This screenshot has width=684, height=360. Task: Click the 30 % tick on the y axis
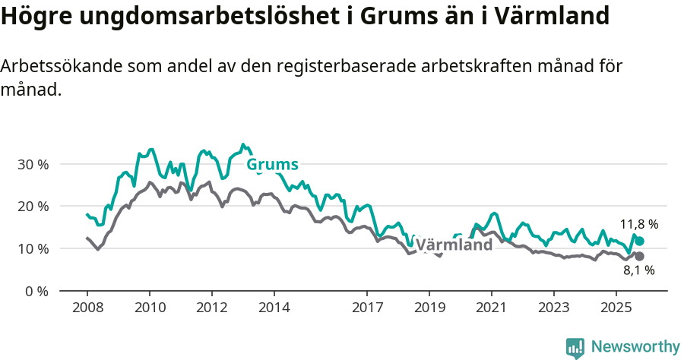(x=33, y=164)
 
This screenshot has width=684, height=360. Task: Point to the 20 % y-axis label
(x=33, y=207)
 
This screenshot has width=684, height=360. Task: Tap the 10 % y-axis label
(x=33, y=249)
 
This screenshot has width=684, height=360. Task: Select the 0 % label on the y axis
(x=36, y=292)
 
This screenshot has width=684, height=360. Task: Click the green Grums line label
(x=272, y=165)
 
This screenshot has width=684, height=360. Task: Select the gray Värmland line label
(x=454, y=245)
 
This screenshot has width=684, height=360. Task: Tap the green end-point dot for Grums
(x=639, y=241)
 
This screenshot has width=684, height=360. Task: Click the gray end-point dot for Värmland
(x=639, y=257)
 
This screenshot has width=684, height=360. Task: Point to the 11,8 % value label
(x=638, y=224)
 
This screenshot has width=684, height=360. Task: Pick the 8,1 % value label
(x=638, y=270)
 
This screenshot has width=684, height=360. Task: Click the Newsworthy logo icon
(x=575, y=347)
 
